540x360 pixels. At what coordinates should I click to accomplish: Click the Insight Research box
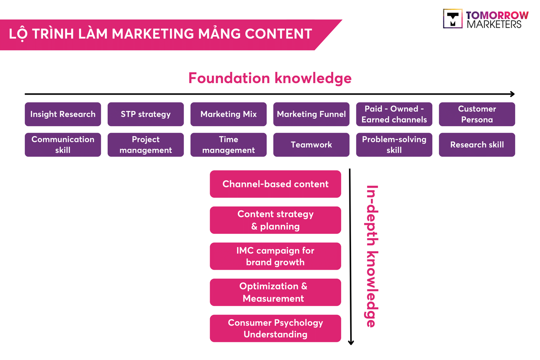63,114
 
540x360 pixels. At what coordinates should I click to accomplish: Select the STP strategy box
146,114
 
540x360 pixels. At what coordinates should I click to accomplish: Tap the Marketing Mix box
228,114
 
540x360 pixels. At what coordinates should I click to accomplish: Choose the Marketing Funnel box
311,114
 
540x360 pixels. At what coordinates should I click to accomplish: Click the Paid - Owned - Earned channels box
394,114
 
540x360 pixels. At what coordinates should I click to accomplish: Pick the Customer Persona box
477,114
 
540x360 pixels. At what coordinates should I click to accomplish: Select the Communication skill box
63,145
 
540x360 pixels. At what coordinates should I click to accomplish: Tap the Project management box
146,145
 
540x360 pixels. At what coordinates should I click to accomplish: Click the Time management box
228,145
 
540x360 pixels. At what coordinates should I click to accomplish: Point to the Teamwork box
311,145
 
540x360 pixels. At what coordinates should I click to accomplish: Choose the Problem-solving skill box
394,145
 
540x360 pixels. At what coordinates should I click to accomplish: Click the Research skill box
477,145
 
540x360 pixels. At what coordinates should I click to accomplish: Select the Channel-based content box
275,184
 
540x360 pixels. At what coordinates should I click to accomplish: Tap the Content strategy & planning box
275,220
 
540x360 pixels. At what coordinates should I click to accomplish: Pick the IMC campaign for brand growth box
275,256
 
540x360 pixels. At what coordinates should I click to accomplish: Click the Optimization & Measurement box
275,292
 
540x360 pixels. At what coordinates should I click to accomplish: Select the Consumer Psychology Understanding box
275,328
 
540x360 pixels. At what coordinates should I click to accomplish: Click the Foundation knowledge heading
270,78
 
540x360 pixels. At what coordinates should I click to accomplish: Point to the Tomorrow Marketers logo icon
453,19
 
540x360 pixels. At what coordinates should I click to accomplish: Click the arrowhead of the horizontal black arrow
512,94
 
